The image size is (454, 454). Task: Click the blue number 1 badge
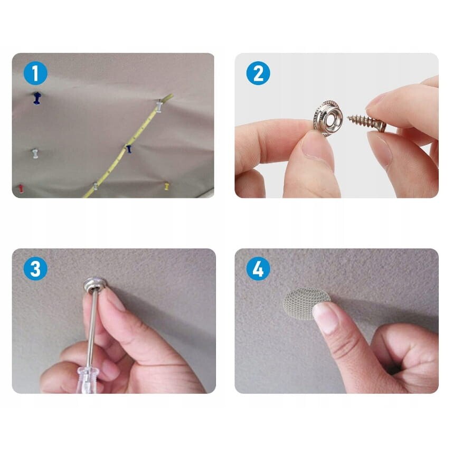[35, 73]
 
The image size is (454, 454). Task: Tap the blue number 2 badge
[258, 73]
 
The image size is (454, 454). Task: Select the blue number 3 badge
[35, 268]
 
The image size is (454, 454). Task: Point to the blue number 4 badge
[258, 268]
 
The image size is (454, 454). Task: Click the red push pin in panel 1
[21, 188]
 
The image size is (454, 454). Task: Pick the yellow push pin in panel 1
[167, 186]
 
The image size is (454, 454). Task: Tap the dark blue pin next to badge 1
[37, 98]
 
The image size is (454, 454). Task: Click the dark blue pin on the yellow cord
[129, 149]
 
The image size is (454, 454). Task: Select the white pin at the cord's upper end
[159, 106]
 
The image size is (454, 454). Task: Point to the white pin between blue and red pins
[35, 153]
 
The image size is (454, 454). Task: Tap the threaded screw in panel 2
[366, 122]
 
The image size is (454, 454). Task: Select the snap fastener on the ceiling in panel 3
[95, 285]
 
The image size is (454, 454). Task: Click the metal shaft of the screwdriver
[93, 329]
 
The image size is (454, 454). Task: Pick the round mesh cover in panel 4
[306, 303]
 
